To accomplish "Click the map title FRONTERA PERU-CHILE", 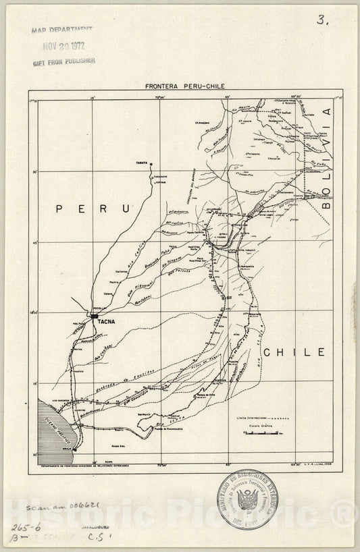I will [180, 87].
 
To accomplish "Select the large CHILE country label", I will [294, 352].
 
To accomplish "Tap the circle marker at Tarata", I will [152, 164].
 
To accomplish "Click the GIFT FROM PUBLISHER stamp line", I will [63, 61].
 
